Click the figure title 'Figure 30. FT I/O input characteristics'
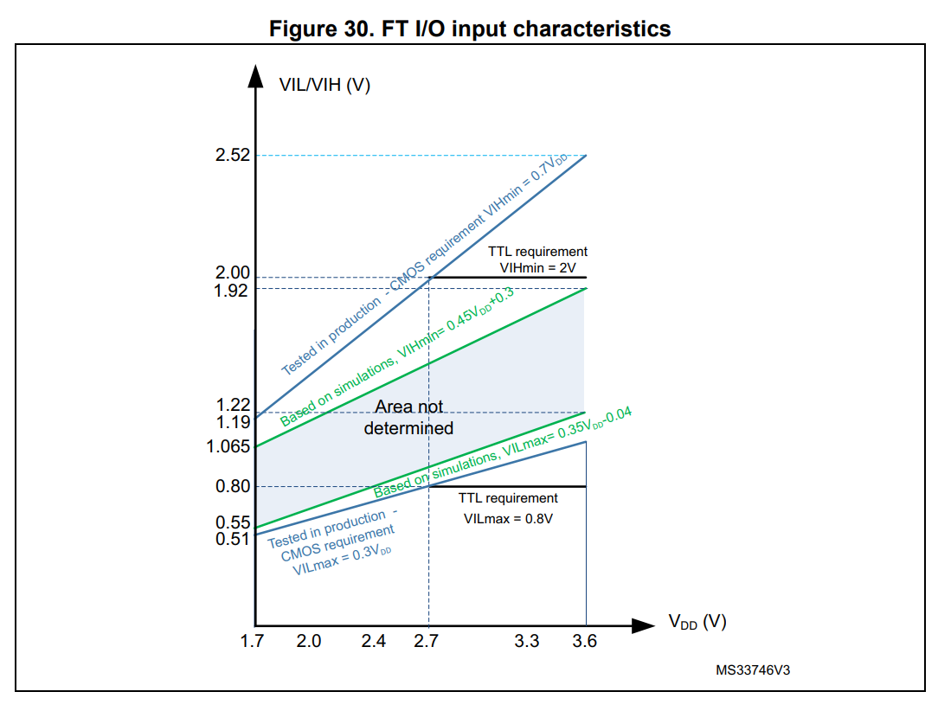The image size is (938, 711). pyautogui.click(x=470, y=29)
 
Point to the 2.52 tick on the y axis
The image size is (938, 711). pyautogui.click(x=232, y=156)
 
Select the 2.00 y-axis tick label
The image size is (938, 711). pyautogui.click(x=232, y=273)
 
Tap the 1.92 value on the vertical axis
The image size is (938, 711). pyautogui.click(x=232, y=290)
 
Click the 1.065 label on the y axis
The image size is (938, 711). pyautogui.click(x=228, y=446)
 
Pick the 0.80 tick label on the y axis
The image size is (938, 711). pyautogui.click(x=232, y=486)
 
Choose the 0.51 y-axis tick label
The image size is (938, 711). pyautogui.click(x=232, y=539)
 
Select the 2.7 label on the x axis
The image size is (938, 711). pyautogui.click(x=427, y=642)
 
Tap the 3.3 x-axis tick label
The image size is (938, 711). pyautogui.click(x=527, y=642)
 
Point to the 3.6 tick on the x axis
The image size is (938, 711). pyautogui.click(x=585, y=642)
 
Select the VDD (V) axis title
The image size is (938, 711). pyautogui.click(x=697, y=622)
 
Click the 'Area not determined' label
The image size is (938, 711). pyautogui.click(x=408, y=417)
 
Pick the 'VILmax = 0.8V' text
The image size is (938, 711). pyautogui.click(x=508, y=519)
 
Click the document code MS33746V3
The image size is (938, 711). pyautogui.click(x=752, y=671)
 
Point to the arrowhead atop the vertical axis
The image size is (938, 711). pyautogui.click(x=255, y=76)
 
